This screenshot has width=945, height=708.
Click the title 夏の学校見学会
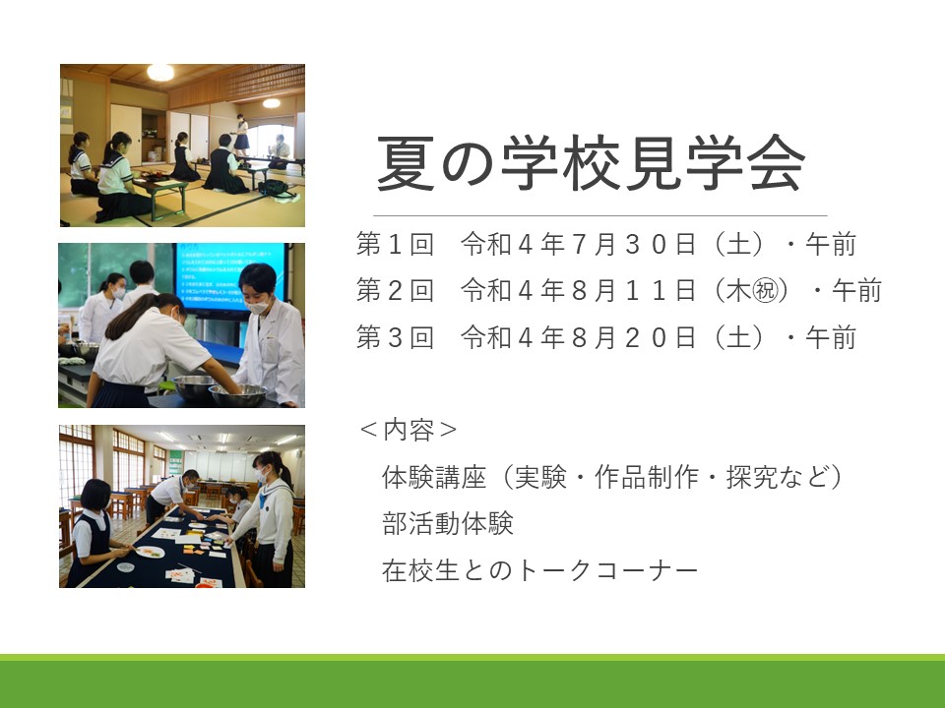coord(592,163)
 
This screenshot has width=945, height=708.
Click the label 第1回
coord(395,245)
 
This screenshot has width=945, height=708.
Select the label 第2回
coord(395,291)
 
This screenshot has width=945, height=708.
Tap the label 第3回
coord(395,337)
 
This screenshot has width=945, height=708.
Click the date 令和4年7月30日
coord(579,245)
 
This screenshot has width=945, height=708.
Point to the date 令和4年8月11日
coord(579,291)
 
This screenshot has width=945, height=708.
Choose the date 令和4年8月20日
coord(579,337)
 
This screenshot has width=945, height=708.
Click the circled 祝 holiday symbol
coord(766,291)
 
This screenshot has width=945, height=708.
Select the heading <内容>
coord(408,430)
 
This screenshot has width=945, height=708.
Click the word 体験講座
coord(434,478)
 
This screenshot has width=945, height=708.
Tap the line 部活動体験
coord(448,523)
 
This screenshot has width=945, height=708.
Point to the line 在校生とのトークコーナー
coord(540,569)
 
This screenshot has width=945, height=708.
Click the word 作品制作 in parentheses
coord(647,478)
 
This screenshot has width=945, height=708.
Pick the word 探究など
coord(778,478)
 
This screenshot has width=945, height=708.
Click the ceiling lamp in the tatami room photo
coord(160,72)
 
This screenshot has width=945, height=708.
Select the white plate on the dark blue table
coord(150,552)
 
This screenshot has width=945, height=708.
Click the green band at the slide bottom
coord(472,680)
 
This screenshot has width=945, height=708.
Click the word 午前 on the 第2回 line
coord(857,291)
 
